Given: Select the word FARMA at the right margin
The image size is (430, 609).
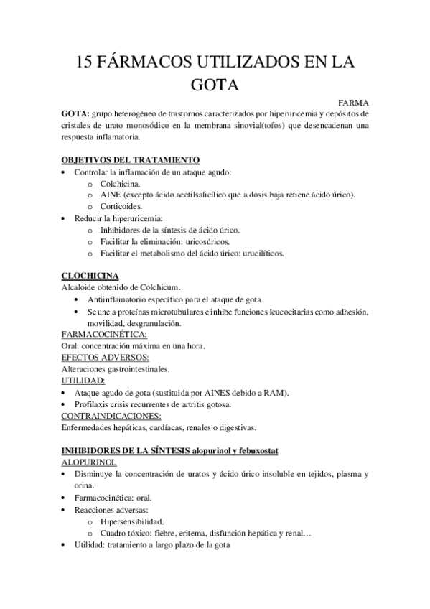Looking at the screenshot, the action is (x=352, y=103).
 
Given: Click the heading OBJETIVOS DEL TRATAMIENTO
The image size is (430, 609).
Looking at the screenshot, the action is (x=131, y=159).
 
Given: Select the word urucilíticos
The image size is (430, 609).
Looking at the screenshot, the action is (x=257, y=253).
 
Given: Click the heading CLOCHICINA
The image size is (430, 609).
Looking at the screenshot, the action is (x=90, y=276).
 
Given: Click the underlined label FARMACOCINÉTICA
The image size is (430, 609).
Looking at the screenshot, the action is (x=105, y=334).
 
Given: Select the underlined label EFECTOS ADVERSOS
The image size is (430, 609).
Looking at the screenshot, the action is (x=105, y=357).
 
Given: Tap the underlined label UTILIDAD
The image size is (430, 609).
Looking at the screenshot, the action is (x=83, y=381).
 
